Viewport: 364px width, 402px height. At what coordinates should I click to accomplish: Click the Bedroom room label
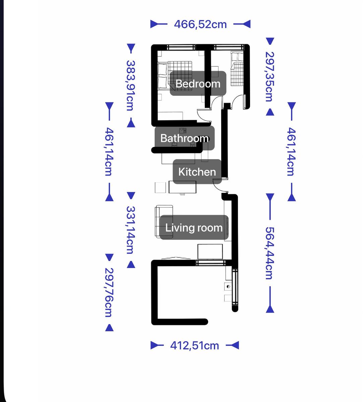click(x=198, y=83)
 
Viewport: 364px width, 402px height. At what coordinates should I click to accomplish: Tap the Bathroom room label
click(x=184, y=138)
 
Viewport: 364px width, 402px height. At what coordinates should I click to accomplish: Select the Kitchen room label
click(x=197, y=172)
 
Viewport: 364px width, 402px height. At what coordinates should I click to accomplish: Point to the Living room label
click(x=194, y=227)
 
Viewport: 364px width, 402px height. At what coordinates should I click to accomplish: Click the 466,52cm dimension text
click(x=200, y=24)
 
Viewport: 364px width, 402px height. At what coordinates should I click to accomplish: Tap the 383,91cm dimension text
click(x=131, y=85)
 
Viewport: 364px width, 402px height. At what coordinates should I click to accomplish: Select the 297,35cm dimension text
click(x=270, y=77)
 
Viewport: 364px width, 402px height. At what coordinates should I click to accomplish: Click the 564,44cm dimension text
click(x=270, y=253)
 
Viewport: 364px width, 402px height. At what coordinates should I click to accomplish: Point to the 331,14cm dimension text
click(x=131, y=230)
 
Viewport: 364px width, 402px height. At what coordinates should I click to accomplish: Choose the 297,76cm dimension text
click(x=109, y=292)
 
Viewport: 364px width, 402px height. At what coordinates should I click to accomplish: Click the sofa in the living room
click(x=164, y=221)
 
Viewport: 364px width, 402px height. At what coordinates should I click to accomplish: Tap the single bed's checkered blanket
click(x=237, y=74)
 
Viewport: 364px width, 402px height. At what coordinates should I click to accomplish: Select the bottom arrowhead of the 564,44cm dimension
click(x=270, y=310)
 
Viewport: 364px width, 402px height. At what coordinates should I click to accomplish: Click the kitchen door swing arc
click(x=217, y=187)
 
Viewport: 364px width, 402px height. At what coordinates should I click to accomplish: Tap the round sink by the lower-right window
click(x=228, y=286)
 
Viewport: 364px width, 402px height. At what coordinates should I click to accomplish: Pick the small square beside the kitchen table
click(x=160, y=187)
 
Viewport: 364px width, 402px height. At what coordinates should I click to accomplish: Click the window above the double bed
click(x=181, y=48)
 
